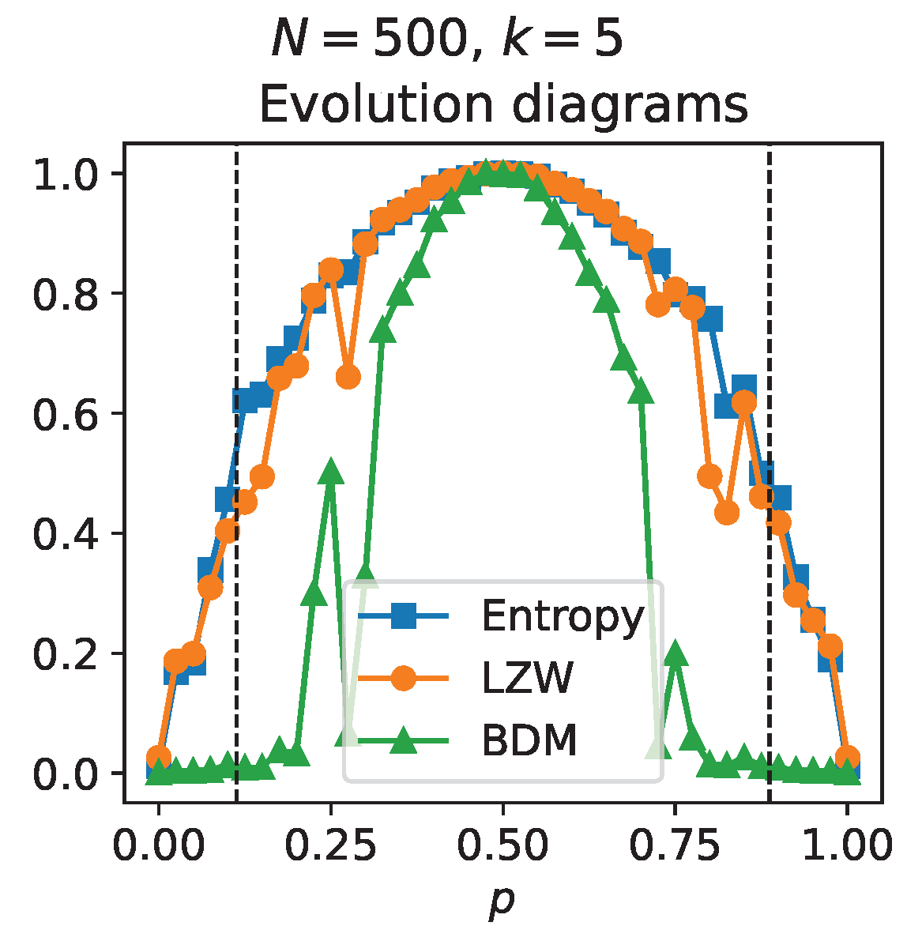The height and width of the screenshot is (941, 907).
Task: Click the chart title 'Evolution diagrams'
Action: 503,104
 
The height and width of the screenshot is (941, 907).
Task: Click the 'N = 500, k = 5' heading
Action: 447,40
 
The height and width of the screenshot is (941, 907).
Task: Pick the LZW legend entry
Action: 527,678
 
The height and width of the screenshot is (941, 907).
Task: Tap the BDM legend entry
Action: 529,740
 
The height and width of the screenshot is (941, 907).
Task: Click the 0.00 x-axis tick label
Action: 158,845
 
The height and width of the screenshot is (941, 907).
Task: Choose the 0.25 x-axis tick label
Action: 330,845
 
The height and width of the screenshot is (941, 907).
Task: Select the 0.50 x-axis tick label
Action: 502,845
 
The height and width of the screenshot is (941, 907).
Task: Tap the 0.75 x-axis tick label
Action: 675,845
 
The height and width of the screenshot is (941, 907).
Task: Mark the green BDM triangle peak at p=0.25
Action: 331,471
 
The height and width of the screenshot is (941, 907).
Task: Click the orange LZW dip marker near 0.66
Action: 348,377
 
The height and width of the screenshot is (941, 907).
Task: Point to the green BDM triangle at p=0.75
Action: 675,652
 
